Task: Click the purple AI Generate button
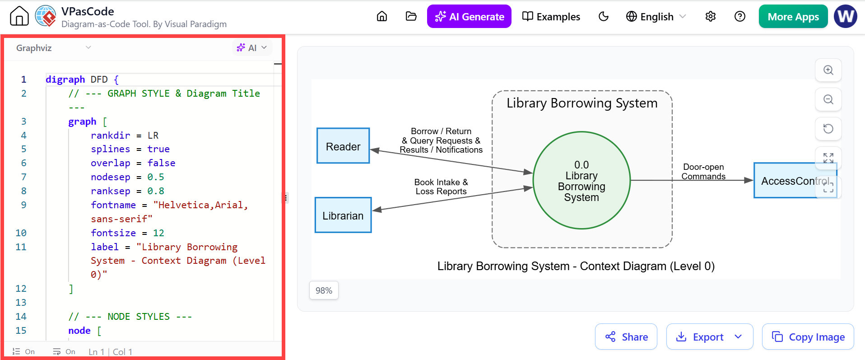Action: point(469,17)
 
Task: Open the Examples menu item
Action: point(551,17)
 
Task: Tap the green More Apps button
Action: point(793,17)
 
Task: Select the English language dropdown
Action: point(656,17)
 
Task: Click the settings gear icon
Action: point(711,17)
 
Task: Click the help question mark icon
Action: point(740,17)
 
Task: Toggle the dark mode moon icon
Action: point(604,17)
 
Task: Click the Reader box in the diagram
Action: point(343,145)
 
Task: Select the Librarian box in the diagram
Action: point(343,215)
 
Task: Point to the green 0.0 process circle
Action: point(581,180)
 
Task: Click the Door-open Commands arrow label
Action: point(703,172)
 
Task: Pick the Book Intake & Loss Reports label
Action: point(441,187)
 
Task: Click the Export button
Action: point(710,337)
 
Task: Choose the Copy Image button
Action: point(808,337)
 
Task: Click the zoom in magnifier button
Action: point(828,70)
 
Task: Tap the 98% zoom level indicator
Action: point(324,290)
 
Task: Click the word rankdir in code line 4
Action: point(110,136)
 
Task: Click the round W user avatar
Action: point(846,17)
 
